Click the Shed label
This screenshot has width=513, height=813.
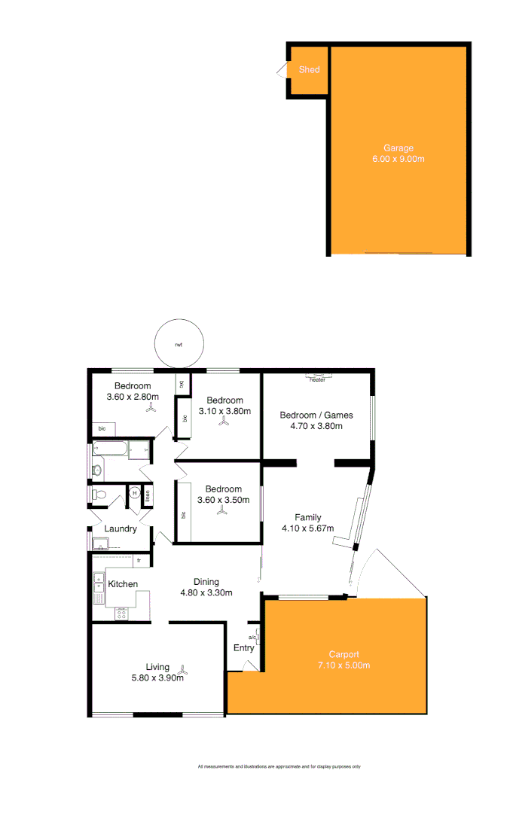(x=309, y=70)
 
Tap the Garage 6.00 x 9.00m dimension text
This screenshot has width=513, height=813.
(x=398, y=159)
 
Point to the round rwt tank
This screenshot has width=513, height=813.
(x=179, y=345)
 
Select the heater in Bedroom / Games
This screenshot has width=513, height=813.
(x=317, y=379)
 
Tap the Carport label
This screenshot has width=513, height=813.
(x=344, y=654)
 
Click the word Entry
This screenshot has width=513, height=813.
(x=244, y=648)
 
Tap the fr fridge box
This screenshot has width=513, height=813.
(x=139, y=561)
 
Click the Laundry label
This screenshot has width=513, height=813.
(x=121, y=528)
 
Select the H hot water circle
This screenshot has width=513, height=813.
(x=135, y=493)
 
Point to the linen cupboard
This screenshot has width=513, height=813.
(x=148, y=495)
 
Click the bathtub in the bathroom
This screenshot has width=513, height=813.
(x=110, y=450)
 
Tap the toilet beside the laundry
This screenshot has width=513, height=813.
(x=99, y=494)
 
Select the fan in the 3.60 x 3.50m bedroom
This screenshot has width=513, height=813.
(x=221, y=511)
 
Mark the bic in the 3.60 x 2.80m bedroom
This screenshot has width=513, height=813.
(x=102, y=428)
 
